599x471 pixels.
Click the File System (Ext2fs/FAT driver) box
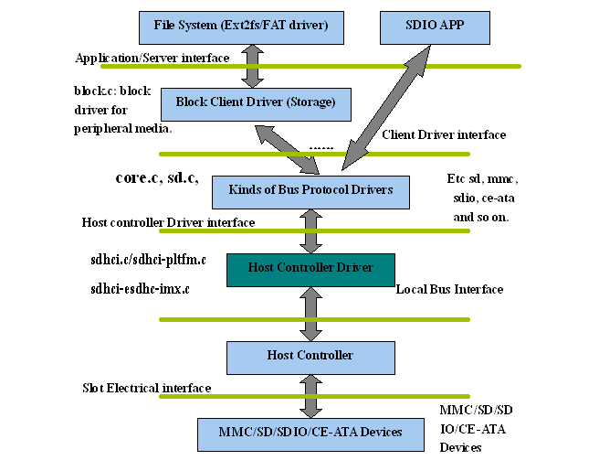(242, 27)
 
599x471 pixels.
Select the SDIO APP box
(421, 27)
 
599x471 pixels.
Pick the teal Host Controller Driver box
(310, 268)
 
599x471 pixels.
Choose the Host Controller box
(310, 355)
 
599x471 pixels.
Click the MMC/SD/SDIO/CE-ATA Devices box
(310, 432)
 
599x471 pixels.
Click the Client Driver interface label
(443, 134)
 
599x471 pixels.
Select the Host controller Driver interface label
(168, 222)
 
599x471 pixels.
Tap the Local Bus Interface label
(449, 289)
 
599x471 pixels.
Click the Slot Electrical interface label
(146, 388)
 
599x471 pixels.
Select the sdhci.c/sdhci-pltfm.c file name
(147, 260)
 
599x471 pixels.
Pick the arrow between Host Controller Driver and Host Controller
(310, 313)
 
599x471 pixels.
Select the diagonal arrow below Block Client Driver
(288, 148)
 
